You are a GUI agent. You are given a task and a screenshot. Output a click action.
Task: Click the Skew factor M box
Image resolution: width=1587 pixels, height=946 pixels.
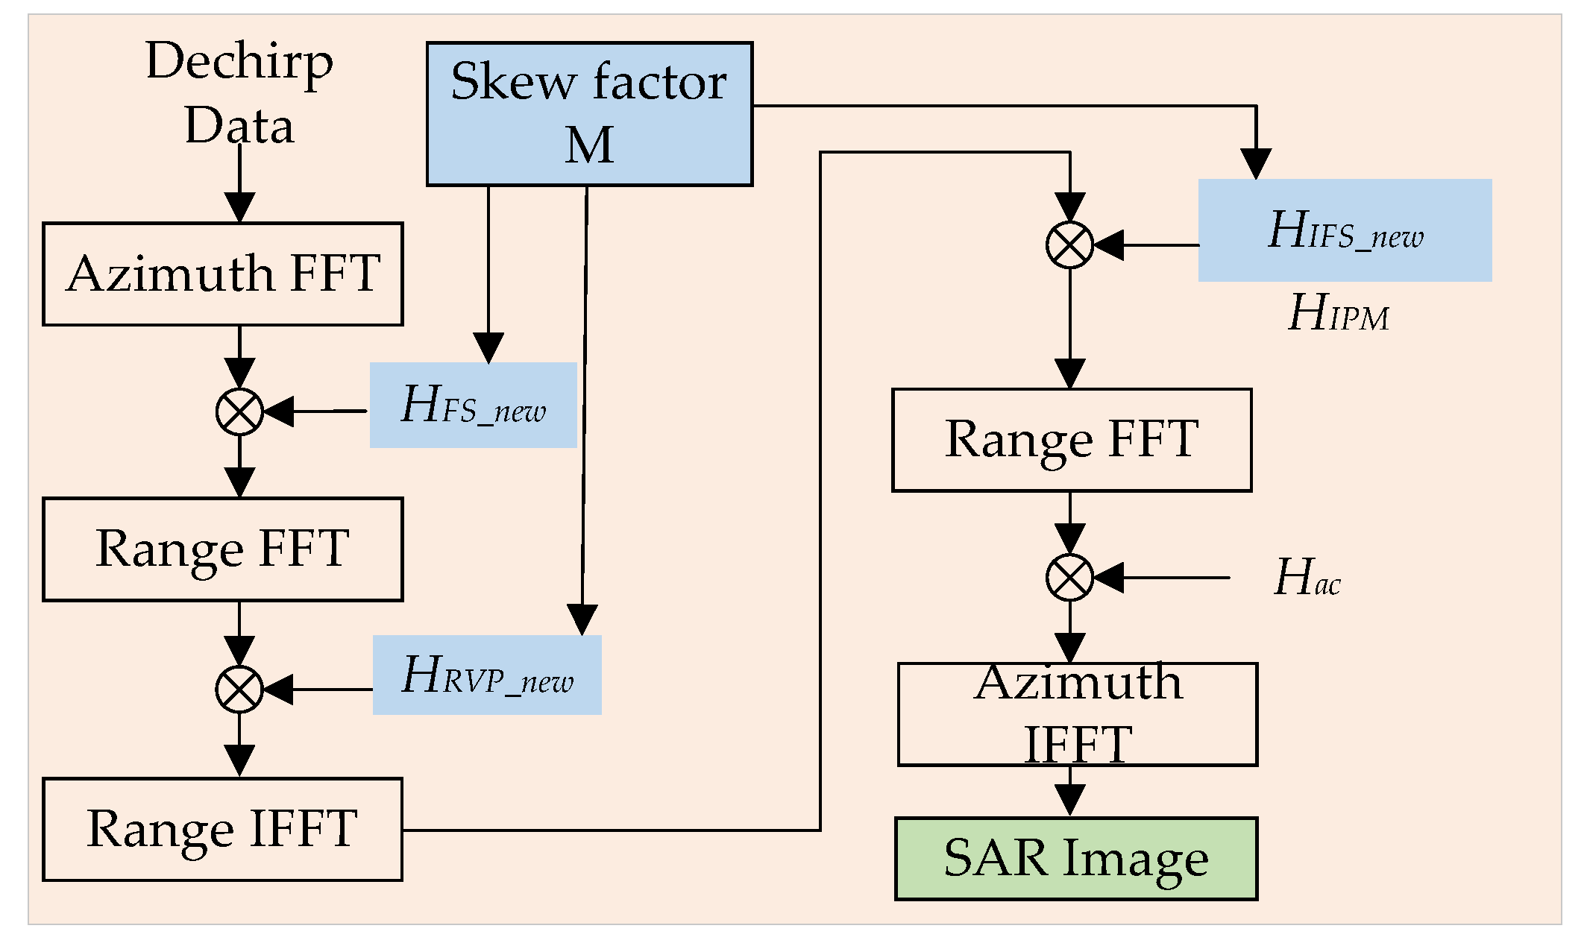pyautogui.click(x=589, y=113)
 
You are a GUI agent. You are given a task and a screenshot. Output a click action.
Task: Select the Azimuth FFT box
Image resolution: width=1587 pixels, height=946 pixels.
pyautogui.click(x=223, y=274)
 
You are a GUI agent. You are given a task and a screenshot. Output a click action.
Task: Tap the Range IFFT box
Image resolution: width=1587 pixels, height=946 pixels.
pyautogui.click(x=223, y=829)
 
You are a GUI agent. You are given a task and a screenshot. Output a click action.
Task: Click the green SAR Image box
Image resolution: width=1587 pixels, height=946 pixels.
pyautogui.click(x=1075, y=858)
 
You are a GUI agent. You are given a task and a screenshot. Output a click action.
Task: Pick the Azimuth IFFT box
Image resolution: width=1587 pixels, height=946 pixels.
pyautogui.click(x=1077, y=714)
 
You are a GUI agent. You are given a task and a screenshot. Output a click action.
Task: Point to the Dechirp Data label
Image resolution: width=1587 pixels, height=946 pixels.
pyautogui.click(x=239, y=92)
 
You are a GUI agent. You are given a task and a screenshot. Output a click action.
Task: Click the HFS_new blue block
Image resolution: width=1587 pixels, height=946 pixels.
pyautogui.click(x=474, y=405)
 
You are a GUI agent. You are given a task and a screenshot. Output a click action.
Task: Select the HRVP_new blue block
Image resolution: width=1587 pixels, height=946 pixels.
pyautogui.click(x=487, y=675)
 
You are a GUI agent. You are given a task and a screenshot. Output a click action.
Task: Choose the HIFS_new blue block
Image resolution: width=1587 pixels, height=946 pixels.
pyautogui.click(x=1345, y=230)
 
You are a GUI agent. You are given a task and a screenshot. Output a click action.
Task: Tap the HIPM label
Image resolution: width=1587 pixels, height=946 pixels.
pyautogui.click(x=1339, y=313)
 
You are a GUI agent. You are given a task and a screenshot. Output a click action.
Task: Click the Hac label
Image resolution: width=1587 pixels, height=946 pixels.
pyautogui.click(x=1307, y=578)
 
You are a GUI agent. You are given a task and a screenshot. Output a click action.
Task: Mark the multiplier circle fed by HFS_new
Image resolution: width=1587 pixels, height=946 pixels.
pyautogui.click(x=239, y=411)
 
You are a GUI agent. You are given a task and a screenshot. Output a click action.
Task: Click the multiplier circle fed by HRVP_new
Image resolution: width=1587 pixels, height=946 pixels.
pyautogui.click(x=239, y=690)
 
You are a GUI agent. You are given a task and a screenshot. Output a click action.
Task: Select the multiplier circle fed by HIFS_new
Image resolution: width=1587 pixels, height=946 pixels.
pyautogui.click(x=1069, y=245)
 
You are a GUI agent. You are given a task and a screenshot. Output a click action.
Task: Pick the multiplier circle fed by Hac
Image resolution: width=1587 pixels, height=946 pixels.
pyautogui.click(x=1069, y=577)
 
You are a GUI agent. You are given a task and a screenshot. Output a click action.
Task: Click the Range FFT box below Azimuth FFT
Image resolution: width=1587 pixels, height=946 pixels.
pyautogui.click(x=223, y=549)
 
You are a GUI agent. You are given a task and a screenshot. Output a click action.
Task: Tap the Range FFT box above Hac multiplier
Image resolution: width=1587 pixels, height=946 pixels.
pyautogui.click(x=1072, y=440)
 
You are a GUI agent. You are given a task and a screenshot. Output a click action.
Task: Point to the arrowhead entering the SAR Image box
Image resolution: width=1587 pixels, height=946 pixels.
pyautogui.click(x=1070, y=802)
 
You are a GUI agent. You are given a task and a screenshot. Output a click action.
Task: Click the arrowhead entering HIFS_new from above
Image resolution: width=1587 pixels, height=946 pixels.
pyautogui.click(x=1256, y=164)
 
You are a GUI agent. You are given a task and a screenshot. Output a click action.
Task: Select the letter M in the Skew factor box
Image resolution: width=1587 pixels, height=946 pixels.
pyautogui.click(x=589, y=145)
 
